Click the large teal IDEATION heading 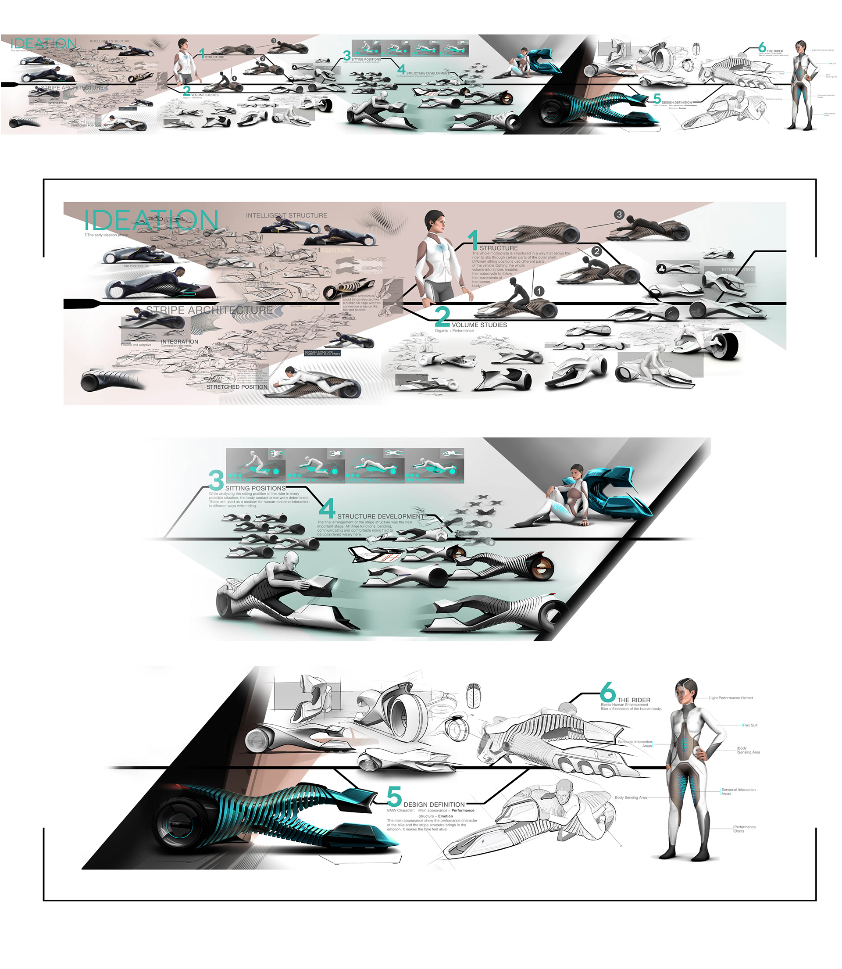point(151,220)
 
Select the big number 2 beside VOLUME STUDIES point(442,316)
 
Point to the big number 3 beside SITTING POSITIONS point(216,480)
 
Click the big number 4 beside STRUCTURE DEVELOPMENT point(327,508)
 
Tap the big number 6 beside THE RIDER point(607,692)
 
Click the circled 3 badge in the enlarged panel point(619,215)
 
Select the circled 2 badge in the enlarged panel point(596,251)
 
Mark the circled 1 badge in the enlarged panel point(539,291)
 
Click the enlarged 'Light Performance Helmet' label point(731,698)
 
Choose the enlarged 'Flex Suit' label point(750,725)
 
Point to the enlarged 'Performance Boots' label point(745,829)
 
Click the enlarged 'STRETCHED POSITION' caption point(237,387)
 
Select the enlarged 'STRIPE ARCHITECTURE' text point(209,310)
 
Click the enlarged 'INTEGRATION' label point(179,342)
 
